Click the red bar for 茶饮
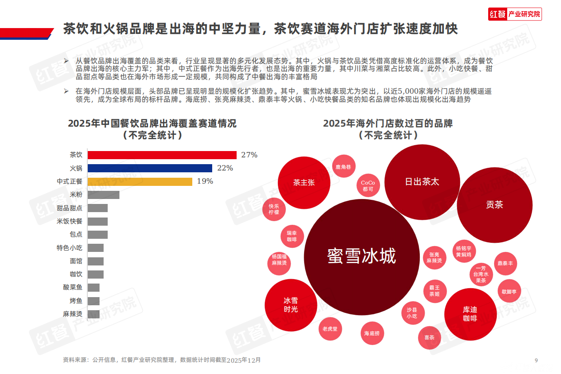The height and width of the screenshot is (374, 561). (x=162, y=155)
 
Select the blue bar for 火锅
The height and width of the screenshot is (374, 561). (x=149, y=168)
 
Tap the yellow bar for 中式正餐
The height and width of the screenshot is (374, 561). (x=139, y=181)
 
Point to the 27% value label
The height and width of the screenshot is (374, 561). (x=249, y=155)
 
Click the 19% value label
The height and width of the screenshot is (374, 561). (x=204, y=181)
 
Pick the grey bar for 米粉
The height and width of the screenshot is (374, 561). (x=103, y=195)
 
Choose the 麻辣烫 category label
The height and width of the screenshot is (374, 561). (x=72, y=314)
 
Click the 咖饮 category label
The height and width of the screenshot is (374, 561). (x=76, y=274)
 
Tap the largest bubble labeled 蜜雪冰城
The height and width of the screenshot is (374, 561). (x=361, y=256)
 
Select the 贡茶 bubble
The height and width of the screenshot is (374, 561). (x=494, y=205)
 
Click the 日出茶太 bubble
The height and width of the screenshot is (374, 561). (x=422, y=182)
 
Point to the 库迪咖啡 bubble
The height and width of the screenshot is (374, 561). (x=470, y=314)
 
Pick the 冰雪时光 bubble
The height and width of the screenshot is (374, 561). (x=290, y=305)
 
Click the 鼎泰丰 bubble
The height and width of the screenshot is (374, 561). (x=505, y=263)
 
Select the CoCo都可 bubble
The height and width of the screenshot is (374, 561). (x=368, y=186)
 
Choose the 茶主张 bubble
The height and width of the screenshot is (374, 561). (x=304, y=183)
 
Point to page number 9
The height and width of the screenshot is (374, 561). (x=536, y=360)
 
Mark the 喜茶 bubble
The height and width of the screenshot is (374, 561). (x=429, y=338)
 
